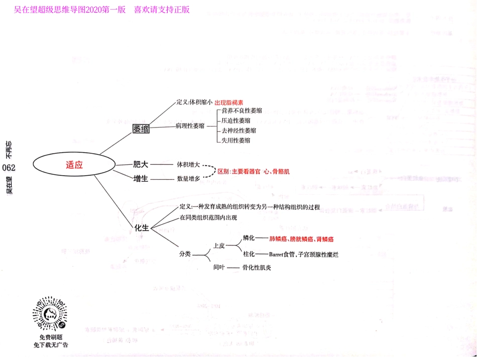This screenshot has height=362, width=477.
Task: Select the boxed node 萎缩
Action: pyautogui.click(x=141, y=129)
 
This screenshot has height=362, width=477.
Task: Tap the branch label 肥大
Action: pyautogui.click(x=141, y=164)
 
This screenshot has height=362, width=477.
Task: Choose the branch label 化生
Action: pyautogui.click(x=142, y=227)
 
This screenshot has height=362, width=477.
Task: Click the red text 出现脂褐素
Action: pyautogui.click(x=232, y=102)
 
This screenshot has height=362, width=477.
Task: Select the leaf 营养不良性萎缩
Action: pyautogui.click(x=242, y=110)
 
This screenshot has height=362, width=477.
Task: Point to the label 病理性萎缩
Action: pyautogui.click(x=190, y=126)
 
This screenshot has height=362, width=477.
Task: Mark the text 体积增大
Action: pyautogui.click(x=189, y=164)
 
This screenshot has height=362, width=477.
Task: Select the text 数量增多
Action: pyautogui.click(x=189, y=178)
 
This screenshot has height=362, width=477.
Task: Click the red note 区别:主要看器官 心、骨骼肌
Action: pyautogui.click(x=254, y=171)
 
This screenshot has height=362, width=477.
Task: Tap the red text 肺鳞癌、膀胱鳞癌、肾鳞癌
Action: pyautogui.click(x=302, y=239)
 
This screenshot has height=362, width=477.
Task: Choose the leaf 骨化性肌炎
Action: pyautogui.click(x=257, y=268)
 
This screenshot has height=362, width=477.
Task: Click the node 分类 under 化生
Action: pyautogui.click(x=185, y=254)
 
